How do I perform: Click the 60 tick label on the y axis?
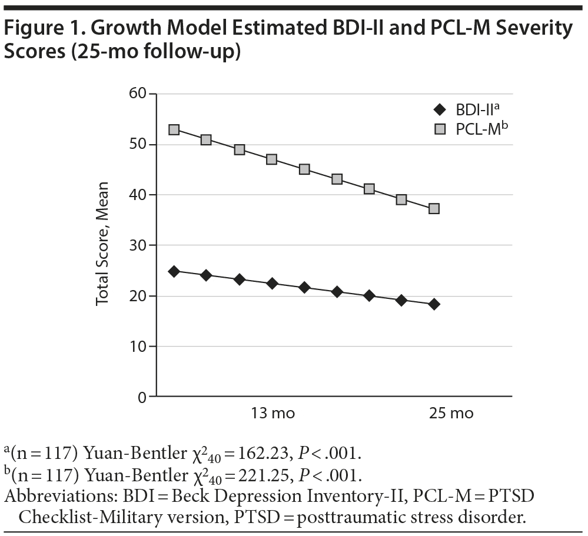[137, 94]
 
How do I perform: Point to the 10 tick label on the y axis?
[137, 346]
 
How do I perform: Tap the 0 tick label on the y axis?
[141, 397]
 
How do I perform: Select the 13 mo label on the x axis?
[271, 413]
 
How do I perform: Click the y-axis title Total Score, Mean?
[104, 246]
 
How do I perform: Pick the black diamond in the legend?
[438, 109]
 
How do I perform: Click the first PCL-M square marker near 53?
[174, 129]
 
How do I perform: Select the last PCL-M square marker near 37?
[434, 208]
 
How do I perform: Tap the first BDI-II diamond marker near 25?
[174, 271]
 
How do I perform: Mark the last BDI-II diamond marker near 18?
[434, 304]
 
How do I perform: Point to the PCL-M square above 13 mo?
[271, 159]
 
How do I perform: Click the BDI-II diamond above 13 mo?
[271, 284]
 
